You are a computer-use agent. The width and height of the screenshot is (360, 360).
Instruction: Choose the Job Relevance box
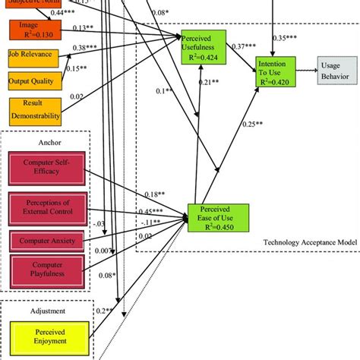click(30, 56)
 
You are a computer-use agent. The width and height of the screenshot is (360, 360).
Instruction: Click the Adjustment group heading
click(46, 311)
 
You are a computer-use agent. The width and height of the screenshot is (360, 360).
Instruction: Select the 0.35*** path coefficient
click(285, 37)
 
